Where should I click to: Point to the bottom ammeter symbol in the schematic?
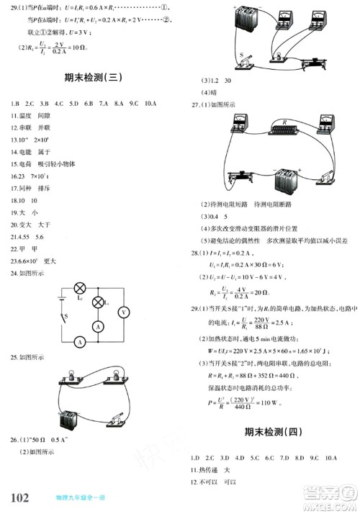(79, 343)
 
